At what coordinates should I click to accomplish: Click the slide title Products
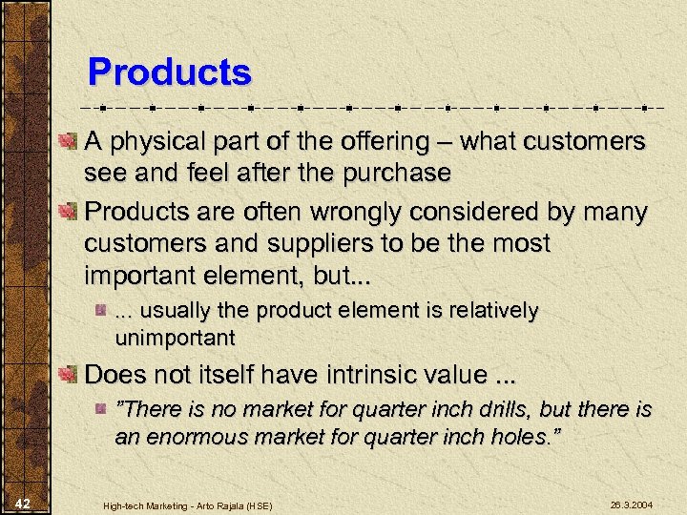169,72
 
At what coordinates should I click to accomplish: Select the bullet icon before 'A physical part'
69,144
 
